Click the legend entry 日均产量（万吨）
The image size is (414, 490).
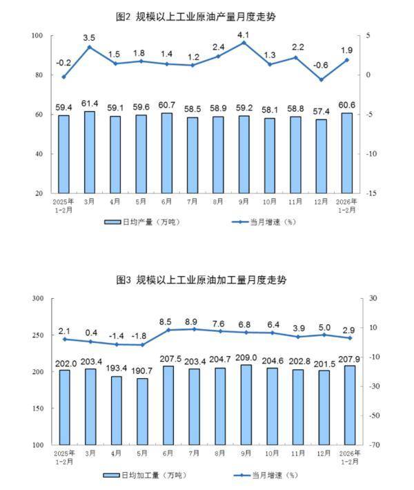pyautogui.click(x=142, y=222)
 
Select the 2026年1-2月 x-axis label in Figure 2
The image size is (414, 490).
pyautogui.click(x=347, y=205)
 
